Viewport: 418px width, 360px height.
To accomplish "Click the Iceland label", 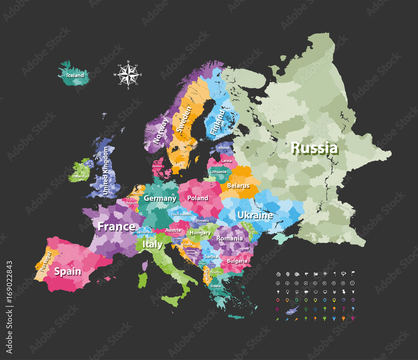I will (75, 76).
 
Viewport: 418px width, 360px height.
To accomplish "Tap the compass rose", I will (128, 75).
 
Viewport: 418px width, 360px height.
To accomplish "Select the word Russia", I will (314, 148).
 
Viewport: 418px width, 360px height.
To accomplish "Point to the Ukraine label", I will (255, 215).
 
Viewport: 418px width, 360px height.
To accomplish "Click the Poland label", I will (198, 198).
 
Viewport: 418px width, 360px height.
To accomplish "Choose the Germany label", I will (160, 198).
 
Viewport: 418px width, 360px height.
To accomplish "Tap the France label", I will (116, 227).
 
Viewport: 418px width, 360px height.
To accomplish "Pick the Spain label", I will (67, 271).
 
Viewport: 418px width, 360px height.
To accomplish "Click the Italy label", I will (152, 244).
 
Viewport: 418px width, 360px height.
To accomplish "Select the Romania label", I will (229, 239).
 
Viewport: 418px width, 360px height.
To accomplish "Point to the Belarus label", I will (238, 186).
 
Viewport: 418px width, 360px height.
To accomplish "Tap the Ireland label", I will (78, 176).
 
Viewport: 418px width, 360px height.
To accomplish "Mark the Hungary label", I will (200, 233).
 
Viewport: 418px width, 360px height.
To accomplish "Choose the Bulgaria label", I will (237, 261).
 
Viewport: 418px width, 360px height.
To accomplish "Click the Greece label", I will (216, 286).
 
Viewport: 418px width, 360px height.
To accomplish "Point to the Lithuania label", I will (218, 172).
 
